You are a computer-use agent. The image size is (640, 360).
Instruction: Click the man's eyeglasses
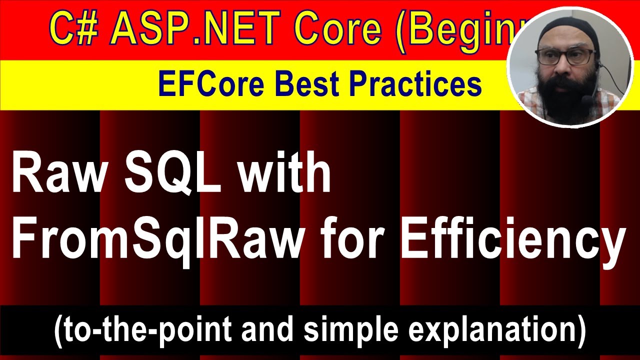coord(565,56)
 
